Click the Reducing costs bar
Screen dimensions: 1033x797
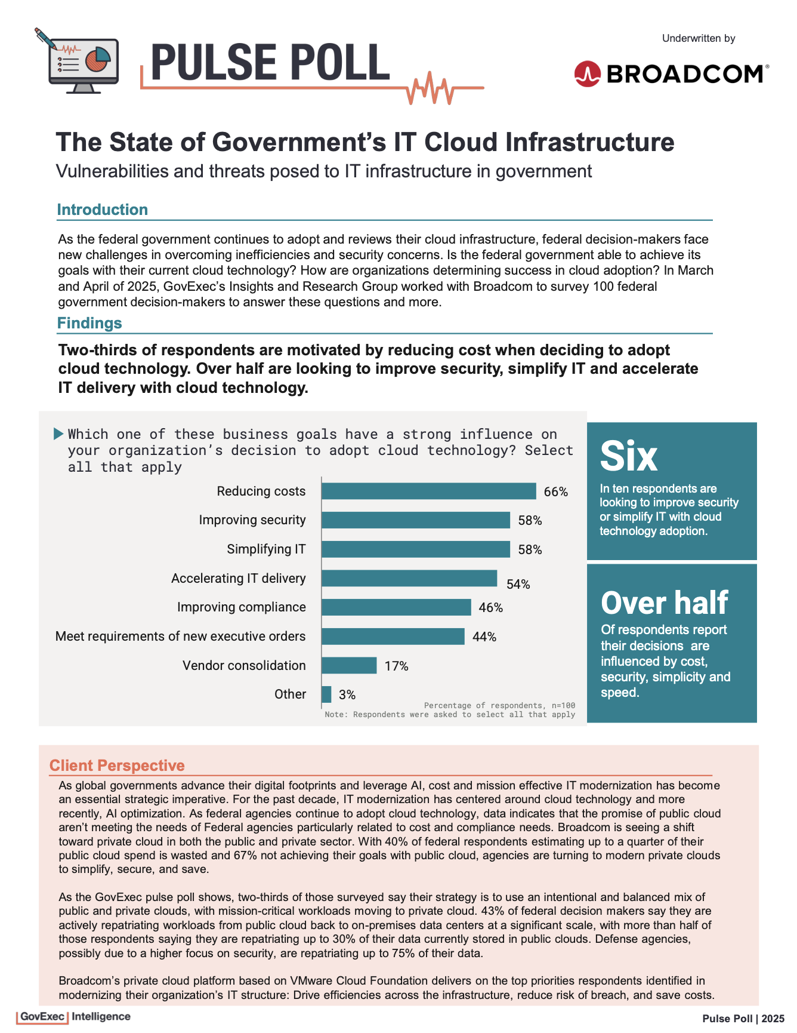(x=428, y=491)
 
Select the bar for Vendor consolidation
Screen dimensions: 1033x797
(x=349, y=665)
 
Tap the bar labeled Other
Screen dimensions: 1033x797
(x=326, y=694)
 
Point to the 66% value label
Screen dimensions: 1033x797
(x=555, y=492)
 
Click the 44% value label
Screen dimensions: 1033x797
(x=484, y=637)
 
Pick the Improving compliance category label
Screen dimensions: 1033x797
(x=241, y=607)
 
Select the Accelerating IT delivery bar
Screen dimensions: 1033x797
(x=409, y=578)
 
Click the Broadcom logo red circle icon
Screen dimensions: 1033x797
(x=587, y=74)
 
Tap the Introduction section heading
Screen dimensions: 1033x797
(x=102, y=210)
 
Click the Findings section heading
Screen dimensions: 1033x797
(x=89, y=323)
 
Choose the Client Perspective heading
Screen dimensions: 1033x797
(x=117, y=765)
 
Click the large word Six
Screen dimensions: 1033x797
(x=629, y=456)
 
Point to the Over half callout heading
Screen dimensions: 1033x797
(x=665, y=603)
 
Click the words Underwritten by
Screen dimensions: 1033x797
(x=699, y=38)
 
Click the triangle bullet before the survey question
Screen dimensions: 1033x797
(x=58, y=434)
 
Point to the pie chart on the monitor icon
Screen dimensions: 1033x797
(x=97, y=58)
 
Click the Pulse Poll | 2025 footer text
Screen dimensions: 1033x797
(x=743, y=1019)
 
